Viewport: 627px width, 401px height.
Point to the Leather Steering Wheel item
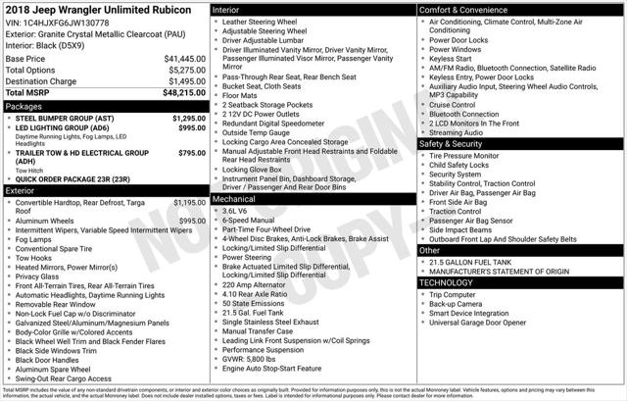264,21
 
